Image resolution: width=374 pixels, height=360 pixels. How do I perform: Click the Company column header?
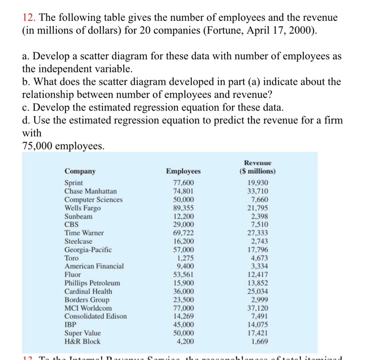pyautogui.click(x=80, y=171)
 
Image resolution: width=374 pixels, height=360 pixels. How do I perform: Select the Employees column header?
pyautogui.click(x=183, y=171)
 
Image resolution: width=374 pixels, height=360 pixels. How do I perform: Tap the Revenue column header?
pyautogui.click(x=257, y=167)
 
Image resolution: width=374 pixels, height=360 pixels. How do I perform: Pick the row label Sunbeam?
pyautogui.click(x=78, y=217)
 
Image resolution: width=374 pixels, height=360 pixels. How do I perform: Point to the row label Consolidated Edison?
pyautogui.click(x=96, y=316)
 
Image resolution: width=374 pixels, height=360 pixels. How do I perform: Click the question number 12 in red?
pyautogui.click(x=27, y=18)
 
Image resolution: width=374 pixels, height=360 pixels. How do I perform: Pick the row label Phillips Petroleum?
pyautogui.click(x=92, y=283)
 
